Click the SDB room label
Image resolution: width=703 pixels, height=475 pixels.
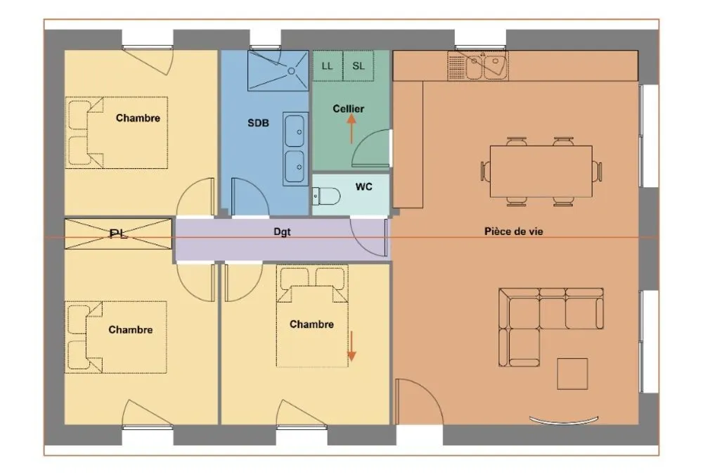pyautogui.click(x=258, y=122)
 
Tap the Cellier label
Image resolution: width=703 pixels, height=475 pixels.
pyautogui.click(x=349, y=108)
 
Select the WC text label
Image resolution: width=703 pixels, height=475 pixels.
pyautogui.click(x=363, y=186)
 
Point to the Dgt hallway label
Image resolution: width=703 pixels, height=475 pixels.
pyautogui.click(x=282, y=232)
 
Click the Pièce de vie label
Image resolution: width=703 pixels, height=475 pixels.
pyautogui.click(x=513, y=232)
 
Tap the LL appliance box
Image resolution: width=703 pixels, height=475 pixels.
pyautogui.click(x=328, y=66)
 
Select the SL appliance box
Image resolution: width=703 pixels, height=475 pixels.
pyautogui.click(x=359, y=66)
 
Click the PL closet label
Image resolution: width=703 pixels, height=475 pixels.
pyautogui.click(x=118, y=234)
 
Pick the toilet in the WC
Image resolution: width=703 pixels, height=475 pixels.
pyautogui.click(x=326, y=196)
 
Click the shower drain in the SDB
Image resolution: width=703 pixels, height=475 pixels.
pyautogui.click(x=292, y=71)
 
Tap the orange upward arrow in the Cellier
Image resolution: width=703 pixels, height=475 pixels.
pyautogui.click(x=351, y=128)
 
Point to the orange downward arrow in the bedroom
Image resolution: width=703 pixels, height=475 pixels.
pyautogui.click(x=352, y=346)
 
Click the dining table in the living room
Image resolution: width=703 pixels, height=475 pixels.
pyautogui.click(x=541, y=172)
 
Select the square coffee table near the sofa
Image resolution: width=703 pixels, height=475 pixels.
pyautogui.click(x=572, y=374)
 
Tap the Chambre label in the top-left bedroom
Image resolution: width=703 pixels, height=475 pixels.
pyautogui.click(x=138, y=118)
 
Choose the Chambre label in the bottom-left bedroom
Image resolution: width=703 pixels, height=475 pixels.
pyautogui.click(x=131, y=329)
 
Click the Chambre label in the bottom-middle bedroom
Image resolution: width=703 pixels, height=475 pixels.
pyautogui.click(x=311, y=324)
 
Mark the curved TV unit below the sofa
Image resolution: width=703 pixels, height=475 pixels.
pyautogui.click(x=564, y=422)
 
